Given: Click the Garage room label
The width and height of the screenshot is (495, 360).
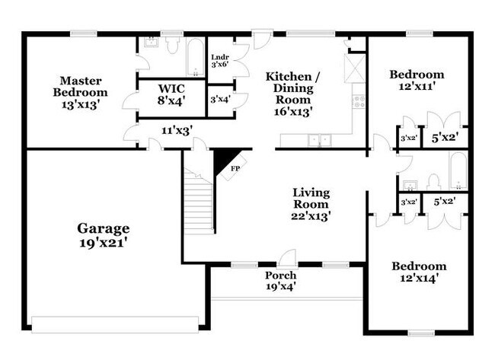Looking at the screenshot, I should point(104,228).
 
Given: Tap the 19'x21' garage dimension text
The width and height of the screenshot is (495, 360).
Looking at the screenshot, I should point(104,244).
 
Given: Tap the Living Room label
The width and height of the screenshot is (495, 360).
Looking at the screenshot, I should point(311,198).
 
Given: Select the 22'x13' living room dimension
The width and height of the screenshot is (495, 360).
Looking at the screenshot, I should point(311,215).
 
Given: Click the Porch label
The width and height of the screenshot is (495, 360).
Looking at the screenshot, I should point(280,275).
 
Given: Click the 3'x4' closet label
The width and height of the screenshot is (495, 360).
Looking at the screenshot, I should point(219,99).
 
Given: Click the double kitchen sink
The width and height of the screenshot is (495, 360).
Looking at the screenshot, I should point(318,140).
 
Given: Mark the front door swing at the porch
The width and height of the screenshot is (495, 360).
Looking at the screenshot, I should point(286,258).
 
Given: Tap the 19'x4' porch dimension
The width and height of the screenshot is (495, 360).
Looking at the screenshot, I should point(280,287).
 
